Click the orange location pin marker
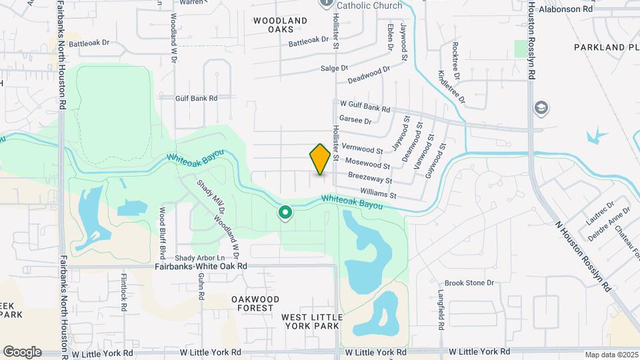pos(321,159)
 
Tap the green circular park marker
pos(285,213)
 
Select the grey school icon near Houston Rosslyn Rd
pos(541,107)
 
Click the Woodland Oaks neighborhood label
pos(281,25)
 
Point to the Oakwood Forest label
pos(255,303)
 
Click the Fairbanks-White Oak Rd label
pos(201,265)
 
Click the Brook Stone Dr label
pos(469,283)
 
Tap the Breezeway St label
pos(370,178)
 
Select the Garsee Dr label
pos(355,120)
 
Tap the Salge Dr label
pos(334,68)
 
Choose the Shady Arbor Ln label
pos(200,257)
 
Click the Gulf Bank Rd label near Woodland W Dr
pos(196,98)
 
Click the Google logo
pos(22,351)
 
